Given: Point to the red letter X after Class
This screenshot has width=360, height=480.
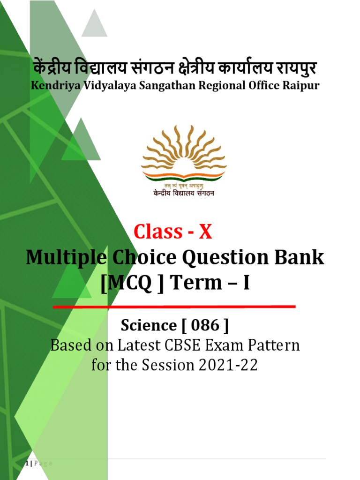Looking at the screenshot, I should (205, 232).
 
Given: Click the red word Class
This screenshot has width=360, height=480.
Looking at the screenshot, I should (158, 232).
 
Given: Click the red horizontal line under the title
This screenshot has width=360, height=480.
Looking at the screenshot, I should (174, 307).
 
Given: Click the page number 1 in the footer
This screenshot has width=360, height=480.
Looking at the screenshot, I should (27, 463).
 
